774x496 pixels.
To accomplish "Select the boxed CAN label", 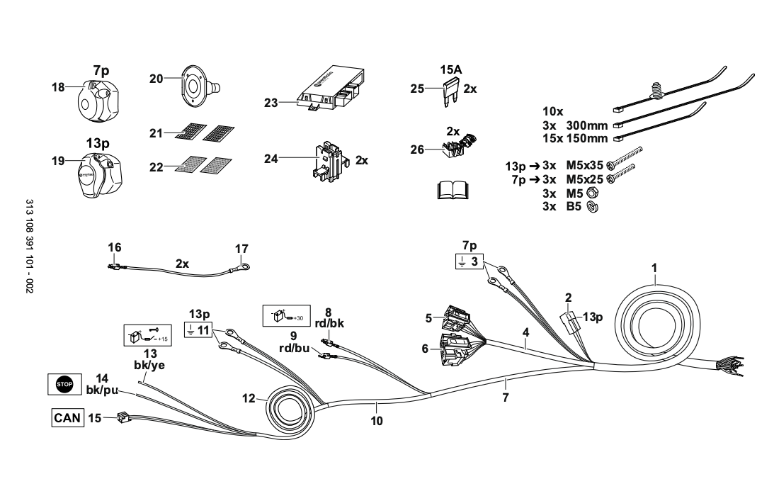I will tap(66, 417).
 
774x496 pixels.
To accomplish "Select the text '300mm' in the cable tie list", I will tap(587, 125).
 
